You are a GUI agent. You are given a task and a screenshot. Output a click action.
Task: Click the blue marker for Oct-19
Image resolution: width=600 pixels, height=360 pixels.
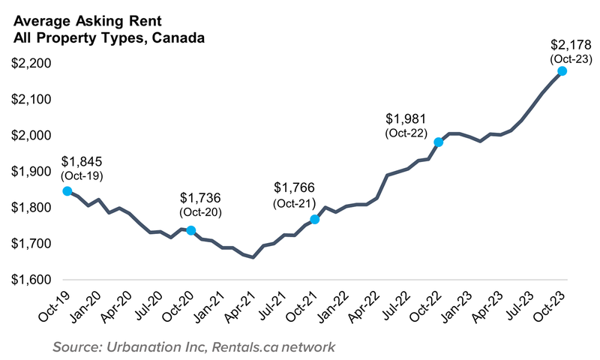click(x=67, y=191)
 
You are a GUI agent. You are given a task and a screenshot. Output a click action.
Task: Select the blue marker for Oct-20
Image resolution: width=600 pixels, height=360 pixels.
click(x=191, y=230)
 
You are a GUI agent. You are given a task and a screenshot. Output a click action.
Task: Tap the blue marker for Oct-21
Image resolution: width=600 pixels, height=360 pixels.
click(x=315, y=220)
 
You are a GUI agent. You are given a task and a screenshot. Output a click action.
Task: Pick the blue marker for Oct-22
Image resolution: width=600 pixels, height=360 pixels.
click(x=439, y=142)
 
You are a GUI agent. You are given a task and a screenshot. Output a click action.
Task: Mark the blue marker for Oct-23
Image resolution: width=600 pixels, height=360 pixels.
click(x=562, y=71)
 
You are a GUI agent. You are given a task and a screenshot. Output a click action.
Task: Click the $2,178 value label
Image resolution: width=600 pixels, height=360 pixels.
click(x=562, y=45)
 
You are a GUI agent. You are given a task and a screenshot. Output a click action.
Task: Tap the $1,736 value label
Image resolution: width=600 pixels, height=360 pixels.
click(x=202, y=198)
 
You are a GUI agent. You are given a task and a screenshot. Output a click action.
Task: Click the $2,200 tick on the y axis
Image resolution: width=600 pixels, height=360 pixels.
click(x=31, y=64)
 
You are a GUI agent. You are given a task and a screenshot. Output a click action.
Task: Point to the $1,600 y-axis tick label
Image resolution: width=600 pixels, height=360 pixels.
click(x=31, y=280)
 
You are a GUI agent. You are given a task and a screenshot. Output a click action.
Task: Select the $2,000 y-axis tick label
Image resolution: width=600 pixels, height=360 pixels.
click(x=31, y=136)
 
